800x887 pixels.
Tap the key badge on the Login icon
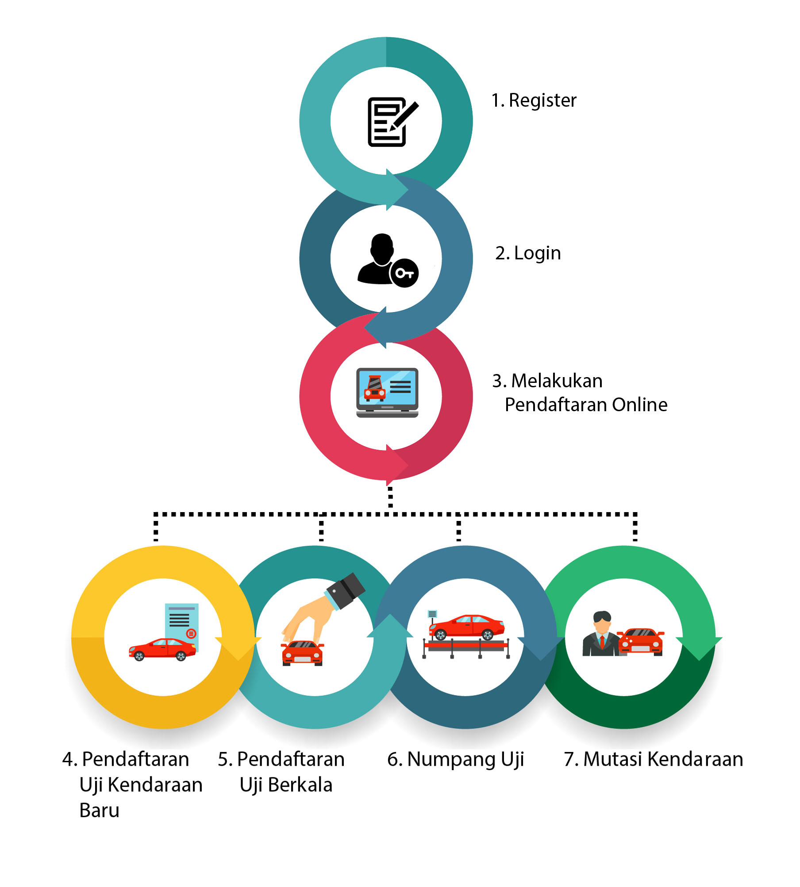[x=404, y=273]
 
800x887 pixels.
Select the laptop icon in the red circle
[x=387, y=393]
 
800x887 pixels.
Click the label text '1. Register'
[x=534, y=100]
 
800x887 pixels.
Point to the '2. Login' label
[x=528, y=253]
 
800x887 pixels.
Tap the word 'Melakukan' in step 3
[x=557, y=381]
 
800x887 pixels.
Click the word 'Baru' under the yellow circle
[x=100, y=810]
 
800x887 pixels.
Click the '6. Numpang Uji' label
[x=455, y=759]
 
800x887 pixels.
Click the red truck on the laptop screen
[x=375, y=388]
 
